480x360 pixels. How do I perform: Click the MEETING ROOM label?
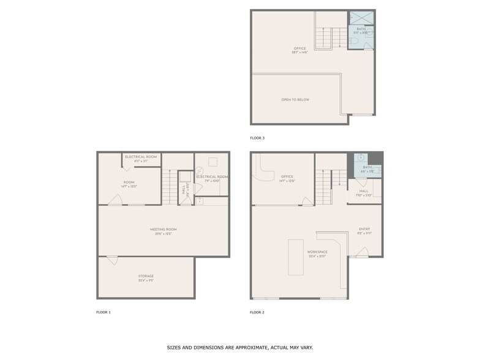tap(163, 229)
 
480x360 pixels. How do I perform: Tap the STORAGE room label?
tap(146, 276)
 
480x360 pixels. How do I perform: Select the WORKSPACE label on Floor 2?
tap(317, 252)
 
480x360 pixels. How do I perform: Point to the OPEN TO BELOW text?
tap(295, 99)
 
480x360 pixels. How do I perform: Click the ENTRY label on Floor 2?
tap(364, 229)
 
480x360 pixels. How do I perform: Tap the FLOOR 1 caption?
tap(103, 312)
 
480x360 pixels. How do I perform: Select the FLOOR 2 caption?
tap(257, 312)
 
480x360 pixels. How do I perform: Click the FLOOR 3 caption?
tap(257, 138)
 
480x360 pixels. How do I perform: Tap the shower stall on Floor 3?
tap(361, 18)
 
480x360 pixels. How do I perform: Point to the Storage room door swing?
tap(112, 260)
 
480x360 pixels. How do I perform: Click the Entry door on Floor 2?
tap(362, 252)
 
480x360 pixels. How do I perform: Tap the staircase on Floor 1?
tap(169, 187)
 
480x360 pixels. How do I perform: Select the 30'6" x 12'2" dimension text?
tap(163, 233)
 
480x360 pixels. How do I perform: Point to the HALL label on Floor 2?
tap(364, 190)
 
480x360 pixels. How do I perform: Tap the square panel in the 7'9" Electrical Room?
tap(212, 162)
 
